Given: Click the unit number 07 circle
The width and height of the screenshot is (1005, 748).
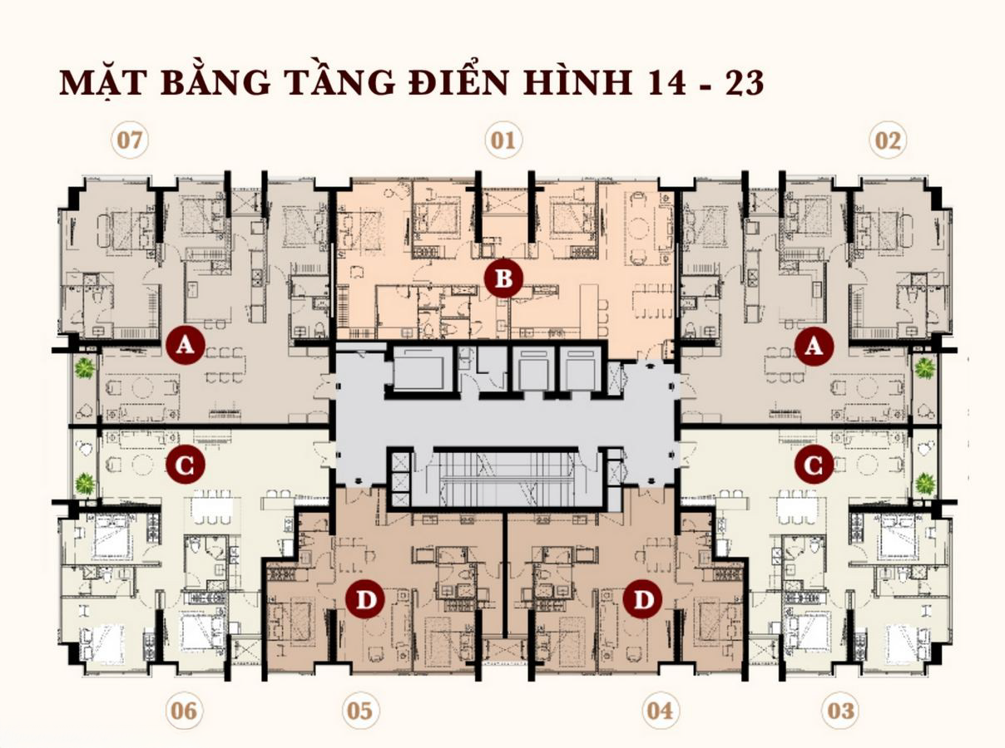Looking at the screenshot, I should pos(129,140).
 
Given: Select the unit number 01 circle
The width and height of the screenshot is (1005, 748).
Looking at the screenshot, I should pos(502,140).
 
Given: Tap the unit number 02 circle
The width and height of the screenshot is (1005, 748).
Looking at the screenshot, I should pos(888,140).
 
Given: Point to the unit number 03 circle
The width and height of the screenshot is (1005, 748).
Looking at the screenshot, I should pos(840,711).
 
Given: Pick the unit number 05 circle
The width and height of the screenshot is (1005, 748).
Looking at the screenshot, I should pos(359,711).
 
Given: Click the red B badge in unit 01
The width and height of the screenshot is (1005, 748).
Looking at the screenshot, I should pos(503,279).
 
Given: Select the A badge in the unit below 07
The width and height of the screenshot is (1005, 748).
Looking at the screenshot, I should pos(185,347).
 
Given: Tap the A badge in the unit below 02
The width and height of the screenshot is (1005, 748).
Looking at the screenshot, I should pos(814,347).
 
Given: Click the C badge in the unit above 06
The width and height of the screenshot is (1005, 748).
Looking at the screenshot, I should pos(185,465).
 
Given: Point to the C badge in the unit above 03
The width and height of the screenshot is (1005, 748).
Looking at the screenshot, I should pos(814,465).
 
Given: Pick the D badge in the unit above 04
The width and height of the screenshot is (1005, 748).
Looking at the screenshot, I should pos(642,599).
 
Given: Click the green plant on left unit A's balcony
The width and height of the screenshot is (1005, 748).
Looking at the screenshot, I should pos(84,367).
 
